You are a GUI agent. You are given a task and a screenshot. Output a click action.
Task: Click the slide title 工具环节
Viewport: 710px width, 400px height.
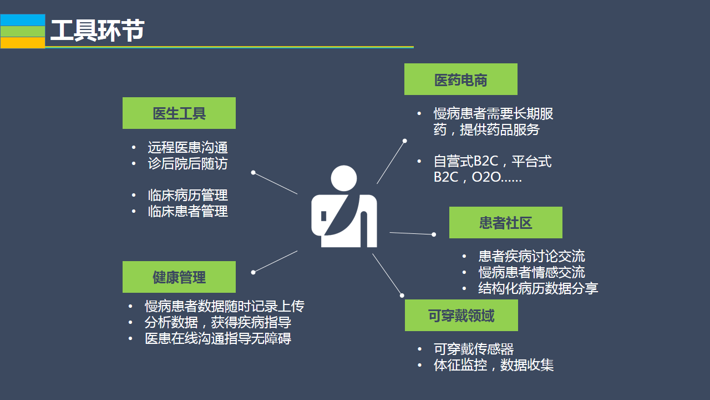[x=97, y=31]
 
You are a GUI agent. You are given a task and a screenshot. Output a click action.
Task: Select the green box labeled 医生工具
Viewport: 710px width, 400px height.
[x=179, y=113]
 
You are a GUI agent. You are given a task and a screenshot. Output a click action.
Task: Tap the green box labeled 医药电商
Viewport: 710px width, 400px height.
[x=460, y=79]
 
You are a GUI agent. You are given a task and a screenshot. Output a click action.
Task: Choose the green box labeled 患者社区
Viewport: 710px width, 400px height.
[x=505, y=223]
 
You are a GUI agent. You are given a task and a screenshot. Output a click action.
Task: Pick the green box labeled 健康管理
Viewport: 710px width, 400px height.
[x=179, y=277]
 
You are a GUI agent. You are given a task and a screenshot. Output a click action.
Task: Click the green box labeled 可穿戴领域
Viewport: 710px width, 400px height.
[x=461, y=316]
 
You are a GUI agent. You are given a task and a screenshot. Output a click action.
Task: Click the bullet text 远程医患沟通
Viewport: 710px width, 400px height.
[x=187, y=147]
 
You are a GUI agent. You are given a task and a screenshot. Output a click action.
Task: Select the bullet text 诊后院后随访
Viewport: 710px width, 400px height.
[x=187, y=163]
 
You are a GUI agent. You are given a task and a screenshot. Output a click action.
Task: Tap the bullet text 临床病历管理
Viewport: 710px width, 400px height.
[x=187, y=195]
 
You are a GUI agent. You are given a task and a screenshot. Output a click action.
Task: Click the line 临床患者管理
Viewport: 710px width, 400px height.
[x=187, y=211]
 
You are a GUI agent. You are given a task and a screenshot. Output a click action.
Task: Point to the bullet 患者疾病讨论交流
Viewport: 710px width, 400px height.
[x=531, y=256]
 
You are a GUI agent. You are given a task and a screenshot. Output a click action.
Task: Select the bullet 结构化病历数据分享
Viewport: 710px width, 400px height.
[x=538, y=288]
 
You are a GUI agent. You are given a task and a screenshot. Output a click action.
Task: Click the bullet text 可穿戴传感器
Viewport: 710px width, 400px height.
[x=474, y=349]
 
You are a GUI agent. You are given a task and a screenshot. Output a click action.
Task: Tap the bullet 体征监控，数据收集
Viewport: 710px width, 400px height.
[x=494, y=365]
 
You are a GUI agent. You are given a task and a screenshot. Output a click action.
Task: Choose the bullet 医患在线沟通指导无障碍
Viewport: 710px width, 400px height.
[x=218, y=338]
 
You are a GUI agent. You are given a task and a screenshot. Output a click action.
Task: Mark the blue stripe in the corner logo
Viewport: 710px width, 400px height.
[x=23, y=20]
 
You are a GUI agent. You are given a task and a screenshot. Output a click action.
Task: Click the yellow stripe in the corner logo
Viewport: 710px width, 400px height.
[x=23, y=43]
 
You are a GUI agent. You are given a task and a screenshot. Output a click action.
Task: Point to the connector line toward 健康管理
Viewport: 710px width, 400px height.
[x=276, y=261]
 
